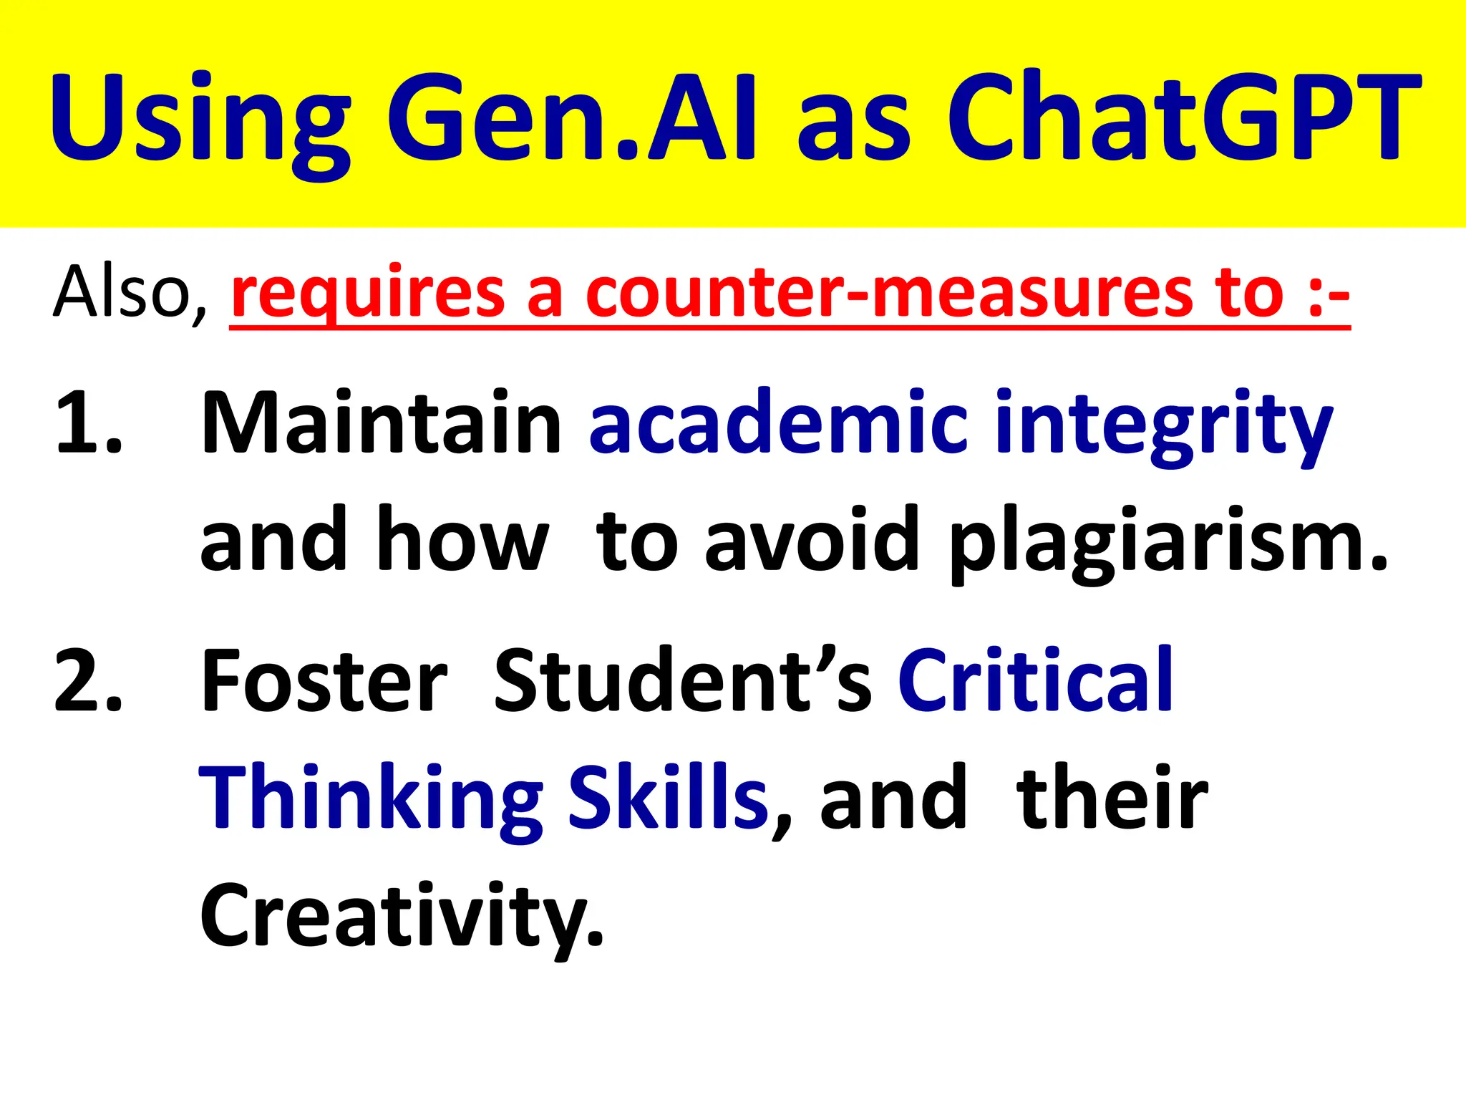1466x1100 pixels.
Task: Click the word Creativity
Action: point(401,917)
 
